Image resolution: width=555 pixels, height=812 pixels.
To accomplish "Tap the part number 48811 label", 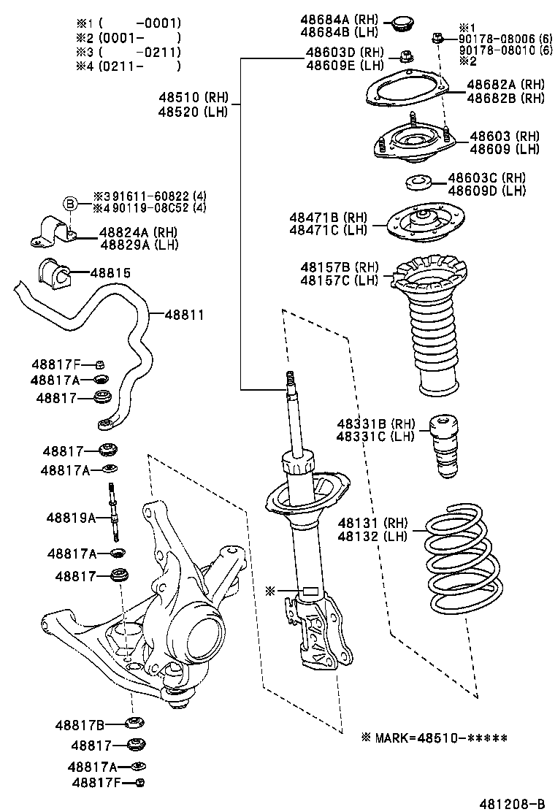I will pos(183,315).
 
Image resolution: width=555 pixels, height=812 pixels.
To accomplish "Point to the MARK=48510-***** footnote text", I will pos(434,738).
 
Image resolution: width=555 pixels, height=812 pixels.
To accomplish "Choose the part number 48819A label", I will pos(71,518).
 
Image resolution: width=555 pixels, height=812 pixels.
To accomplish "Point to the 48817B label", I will pos(80,725).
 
